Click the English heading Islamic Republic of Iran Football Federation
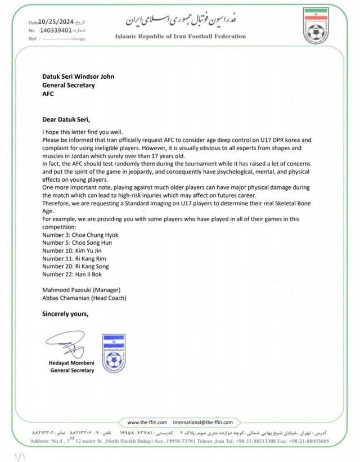[x=180, y=36]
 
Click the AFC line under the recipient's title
[x=48, y=94]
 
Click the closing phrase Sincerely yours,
[x=65, y=313]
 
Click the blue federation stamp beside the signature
[x=114, y=353]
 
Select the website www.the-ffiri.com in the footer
[x=147, y=421]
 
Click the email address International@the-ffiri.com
[x=202, y=421]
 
